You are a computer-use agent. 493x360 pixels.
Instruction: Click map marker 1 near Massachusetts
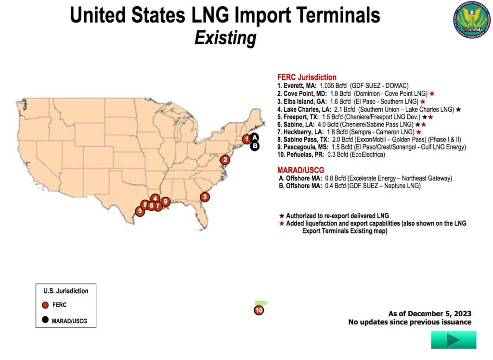tap(246, 139)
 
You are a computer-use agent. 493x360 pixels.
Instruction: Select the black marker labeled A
tap(254, 138)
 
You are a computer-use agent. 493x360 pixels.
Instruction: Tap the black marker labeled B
tap(255, 146)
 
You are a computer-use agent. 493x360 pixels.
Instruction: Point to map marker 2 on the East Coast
tap(224, 160)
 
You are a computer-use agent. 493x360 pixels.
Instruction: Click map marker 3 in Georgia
tap(205, 196)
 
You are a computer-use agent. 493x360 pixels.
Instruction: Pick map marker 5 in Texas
tap(140, 211)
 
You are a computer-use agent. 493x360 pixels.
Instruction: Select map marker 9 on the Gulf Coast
tap(165, 202)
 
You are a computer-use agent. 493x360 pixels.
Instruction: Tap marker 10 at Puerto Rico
tap(259, 310)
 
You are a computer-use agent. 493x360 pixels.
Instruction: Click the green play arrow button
tap(454, 340)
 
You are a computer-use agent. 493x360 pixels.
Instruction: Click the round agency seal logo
tap(469, 22)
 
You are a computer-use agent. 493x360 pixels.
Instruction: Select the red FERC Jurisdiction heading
tap(307, 77)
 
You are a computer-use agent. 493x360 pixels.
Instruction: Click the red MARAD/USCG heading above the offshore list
tap(301, 170)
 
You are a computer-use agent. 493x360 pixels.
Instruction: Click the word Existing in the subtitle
tap(225, 38)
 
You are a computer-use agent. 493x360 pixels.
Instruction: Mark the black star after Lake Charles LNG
tap(458, 109)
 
